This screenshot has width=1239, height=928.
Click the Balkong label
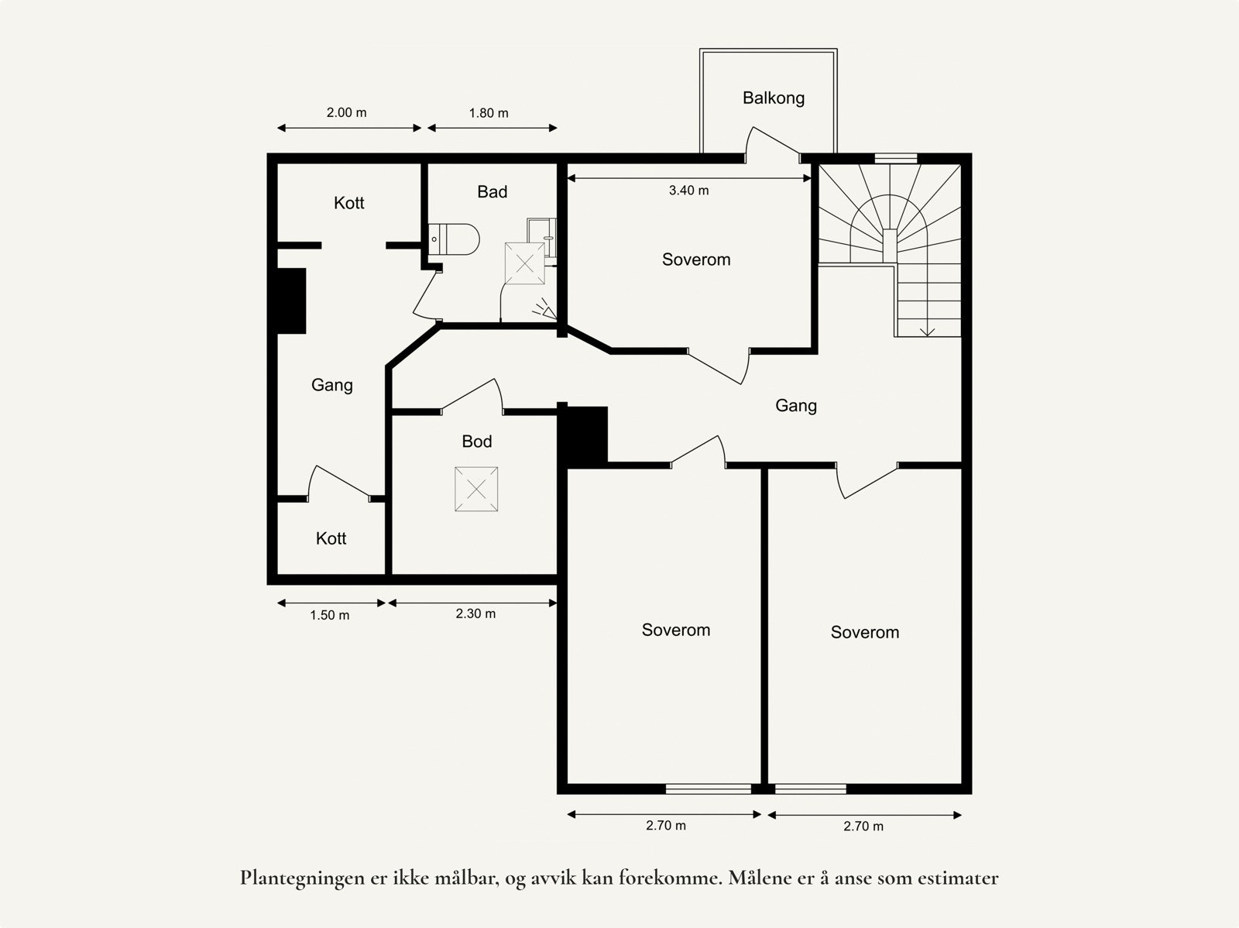773,98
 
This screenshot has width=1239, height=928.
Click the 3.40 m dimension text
688,191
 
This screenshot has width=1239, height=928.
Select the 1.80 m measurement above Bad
489,113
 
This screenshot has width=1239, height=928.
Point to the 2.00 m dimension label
346,112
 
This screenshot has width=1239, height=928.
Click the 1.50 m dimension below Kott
329,615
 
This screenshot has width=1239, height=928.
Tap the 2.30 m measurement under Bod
475,614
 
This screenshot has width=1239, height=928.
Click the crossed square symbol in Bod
476,489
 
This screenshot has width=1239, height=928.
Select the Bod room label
476,442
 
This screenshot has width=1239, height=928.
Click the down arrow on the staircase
928,331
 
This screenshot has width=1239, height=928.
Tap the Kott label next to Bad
348,203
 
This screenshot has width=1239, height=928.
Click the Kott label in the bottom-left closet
331,538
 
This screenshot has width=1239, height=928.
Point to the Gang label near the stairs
795,406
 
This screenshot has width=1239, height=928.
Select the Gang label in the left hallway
331,385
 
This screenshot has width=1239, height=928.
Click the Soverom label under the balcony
695,259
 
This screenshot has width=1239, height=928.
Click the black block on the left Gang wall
291,301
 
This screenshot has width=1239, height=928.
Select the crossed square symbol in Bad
525,264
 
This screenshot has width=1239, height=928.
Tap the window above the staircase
896,158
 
